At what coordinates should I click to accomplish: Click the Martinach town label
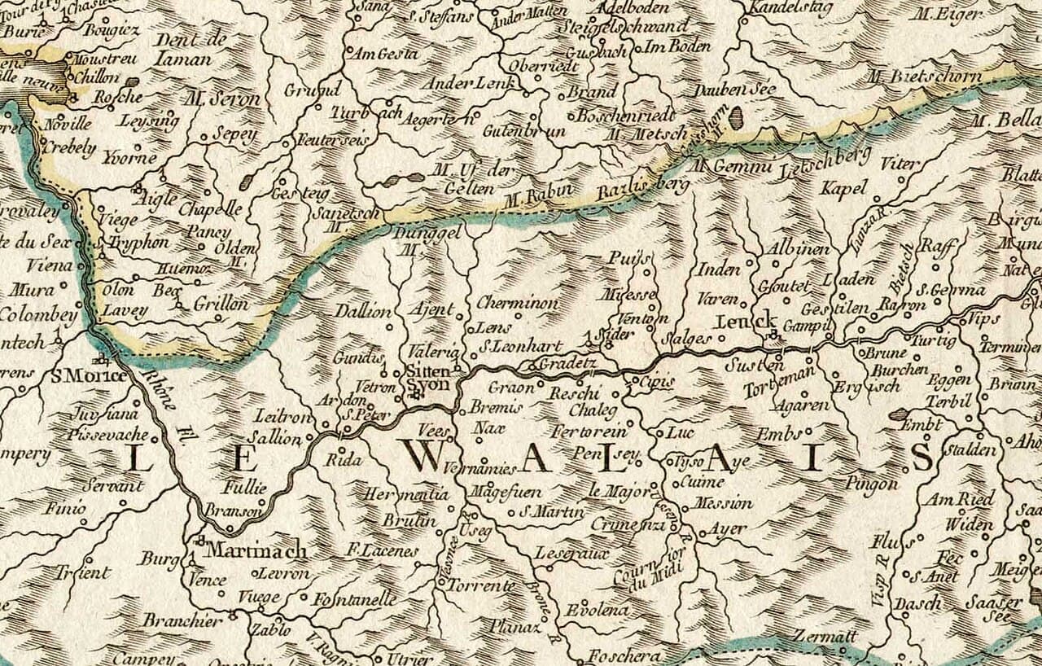click(x=255, y=551)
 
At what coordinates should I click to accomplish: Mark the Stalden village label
click(x=970, y=450)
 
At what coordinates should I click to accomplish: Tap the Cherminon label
click(x=518, y=303)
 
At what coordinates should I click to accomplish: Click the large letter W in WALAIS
click(x=425, y=458)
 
